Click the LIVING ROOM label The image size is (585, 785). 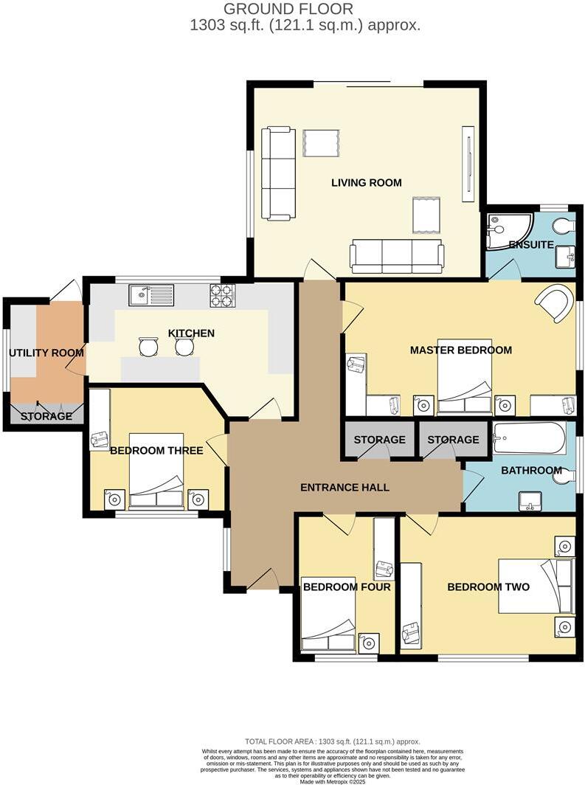366,182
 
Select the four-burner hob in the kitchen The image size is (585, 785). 222,296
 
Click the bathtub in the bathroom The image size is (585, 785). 529,439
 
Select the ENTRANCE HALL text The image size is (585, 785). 345,488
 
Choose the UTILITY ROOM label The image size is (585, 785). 46,353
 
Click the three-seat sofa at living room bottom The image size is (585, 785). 397,256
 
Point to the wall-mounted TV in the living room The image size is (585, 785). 467,163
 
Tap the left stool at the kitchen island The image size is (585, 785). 149,346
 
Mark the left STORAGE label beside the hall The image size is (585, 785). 379,440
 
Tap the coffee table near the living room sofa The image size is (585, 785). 426,215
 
